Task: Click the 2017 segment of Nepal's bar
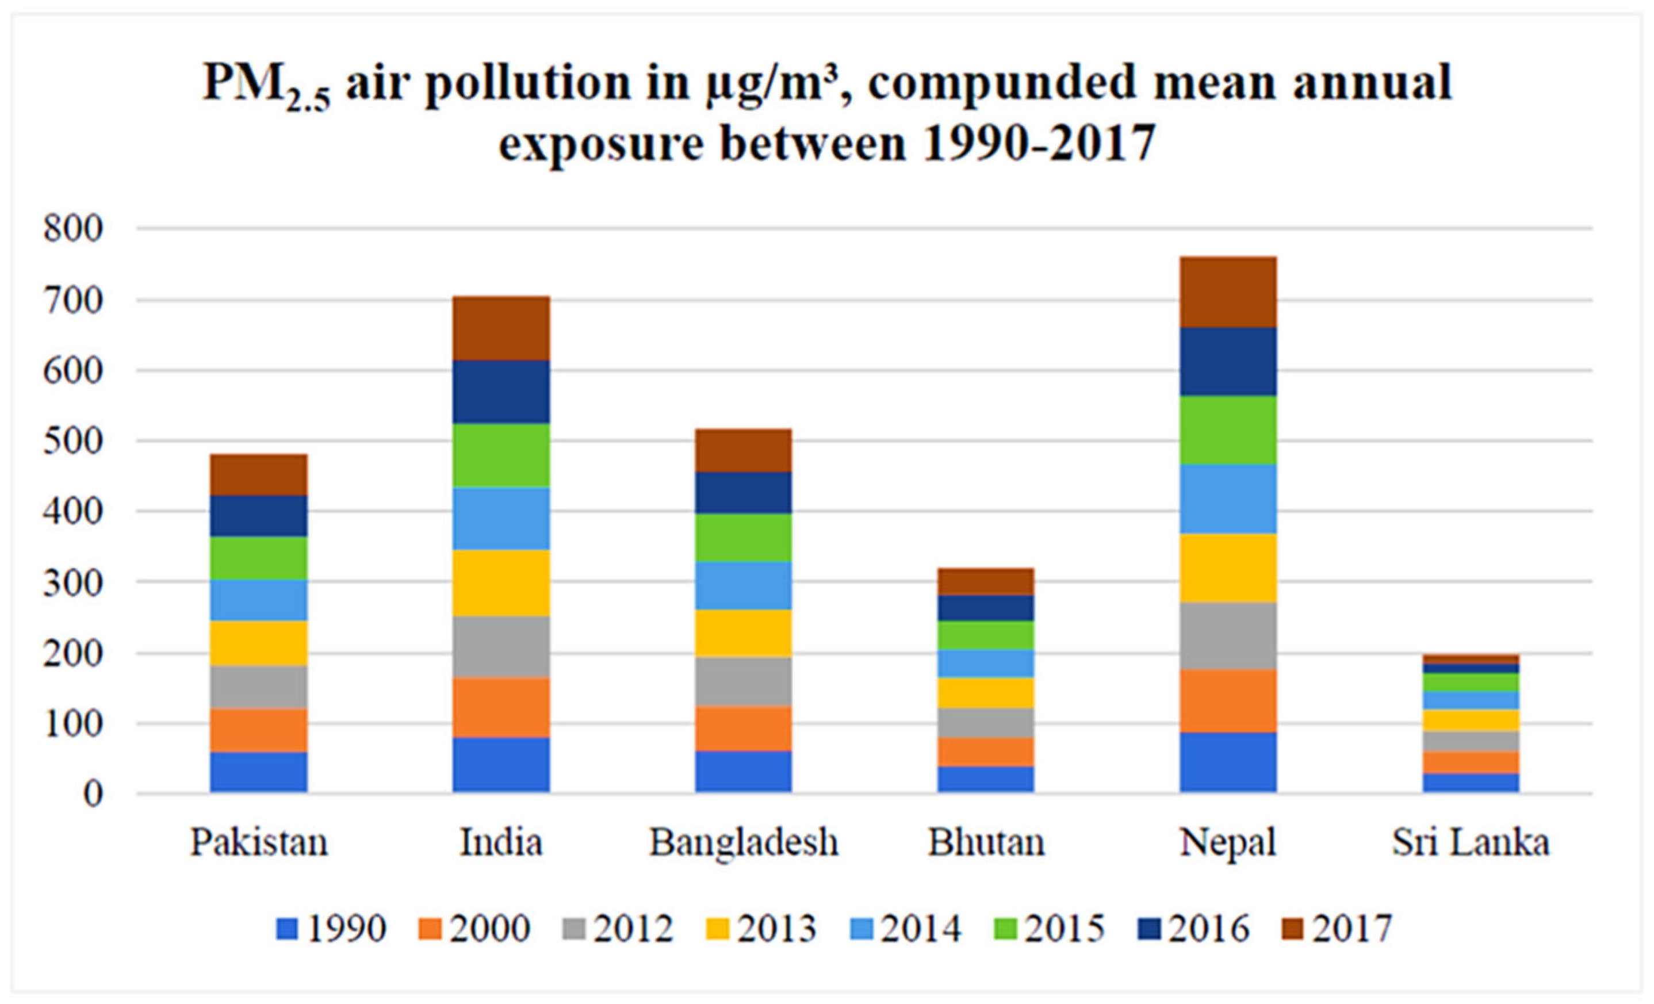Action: pyautogui.click(x=1228, y=292)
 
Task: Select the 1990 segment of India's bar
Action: pyautogui.click(x=501, y=765)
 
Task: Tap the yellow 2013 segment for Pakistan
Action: pyautogui.click(x=258, y=643)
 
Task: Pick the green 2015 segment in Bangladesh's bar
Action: pyautogui.click(x=743, y=538)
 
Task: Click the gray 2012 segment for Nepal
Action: pyautogui.click(x=1228, y=635)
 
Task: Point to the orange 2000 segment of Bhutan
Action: pyautogui.click(x=985, y=752)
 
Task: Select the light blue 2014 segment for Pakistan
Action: pyautogui.click(x=258, y=600)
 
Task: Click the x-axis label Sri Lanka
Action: pyautogui.click(x=1470, y=843)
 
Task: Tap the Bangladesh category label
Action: pyautogui.click(x=743, y=843)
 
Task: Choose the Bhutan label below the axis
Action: pyautogui.click(x=985, y=843)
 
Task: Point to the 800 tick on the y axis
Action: pyautogui.click(x=73, y=229)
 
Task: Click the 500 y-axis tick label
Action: pyautogui.click(x=73, y=442)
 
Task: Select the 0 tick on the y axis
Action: pyautogui.click(x=93, y=795)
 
